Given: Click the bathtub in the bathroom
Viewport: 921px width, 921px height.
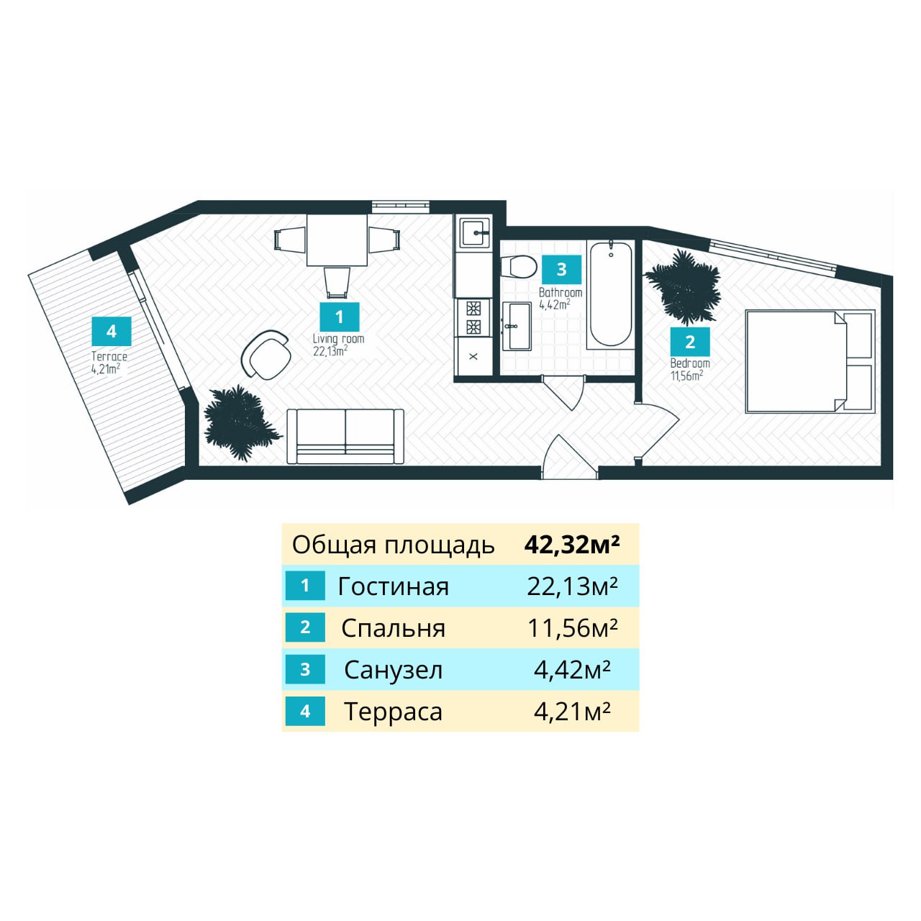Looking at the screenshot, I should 611,294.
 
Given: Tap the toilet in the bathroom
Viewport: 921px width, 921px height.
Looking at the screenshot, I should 520,267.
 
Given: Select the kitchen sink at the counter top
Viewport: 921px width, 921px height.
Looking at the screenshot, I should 475,233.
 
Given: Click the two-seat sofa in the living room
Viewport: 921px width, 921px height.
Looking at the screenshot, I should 345,436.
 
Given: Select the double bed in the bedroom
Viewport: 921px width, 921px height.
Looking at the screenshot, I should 809,361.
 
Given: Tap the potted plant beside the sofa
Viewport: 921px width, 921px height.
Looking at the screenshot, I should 240,422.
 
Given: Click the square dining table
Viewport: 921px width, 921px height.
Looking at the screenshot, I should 337,240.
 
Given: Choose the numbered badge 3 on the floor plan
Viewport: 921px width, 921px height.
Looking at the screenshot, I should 561,269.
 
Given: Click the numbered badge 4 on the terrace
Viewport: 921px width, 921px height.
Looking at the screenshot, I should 112,331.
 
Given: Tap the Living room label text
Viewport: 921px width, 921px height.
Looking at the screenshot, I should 338,339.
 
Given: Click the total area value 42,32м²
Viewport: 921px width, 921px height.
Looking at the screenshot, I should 572,545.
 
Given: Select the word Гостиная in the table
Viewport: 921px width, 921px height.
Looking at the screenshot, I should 393,586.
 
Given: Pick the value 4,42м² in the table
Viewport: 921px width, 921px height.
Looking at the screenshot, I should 572,670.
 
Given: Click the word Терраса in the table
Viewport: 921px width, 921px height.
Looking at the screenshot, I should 393,712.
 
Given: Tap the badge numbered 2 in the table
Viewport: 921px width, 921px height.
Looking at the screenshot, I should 305,627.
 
